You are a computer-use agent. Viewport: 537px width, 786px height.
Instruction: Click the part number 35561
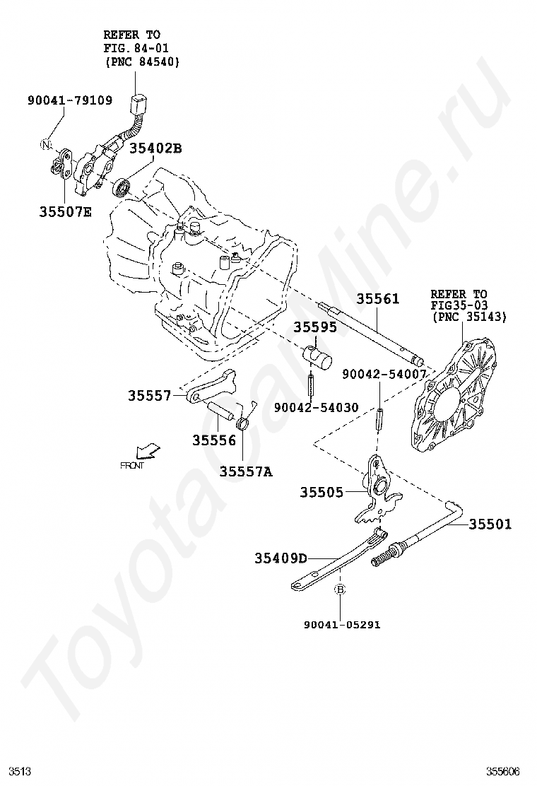coord(377,299)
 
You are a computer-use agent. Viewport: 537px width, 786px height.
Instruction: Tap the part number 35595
coord(315,327)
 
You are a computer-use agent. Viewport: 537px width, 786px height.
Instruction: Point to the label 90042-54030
coord(316,407)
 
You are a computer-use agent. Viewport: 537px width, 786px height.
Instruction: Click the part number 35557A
coord(245,471)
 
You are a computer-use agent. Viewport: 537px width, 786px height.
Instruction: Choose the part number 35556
coord(213,440)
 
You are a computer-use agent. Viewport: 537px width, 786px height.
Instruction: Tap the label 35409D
coord(281,558)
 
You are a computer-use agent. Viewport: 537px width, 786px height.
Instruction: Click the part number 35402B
coord(155,148)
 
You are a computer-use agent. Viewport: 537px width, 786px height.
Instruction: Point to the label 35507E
coord(65,211)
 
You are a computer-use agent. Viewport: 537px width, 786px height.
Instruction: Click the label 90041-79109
coord(70,100)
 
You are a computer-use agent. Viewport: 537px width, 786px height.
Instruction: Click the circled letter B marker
coord(339,589)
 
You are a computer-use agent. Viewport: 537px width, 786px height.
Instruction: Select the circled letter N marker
coord(46,145)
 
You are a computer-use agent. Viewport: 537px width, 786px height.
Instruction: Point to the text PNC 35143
coord(469,317)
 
